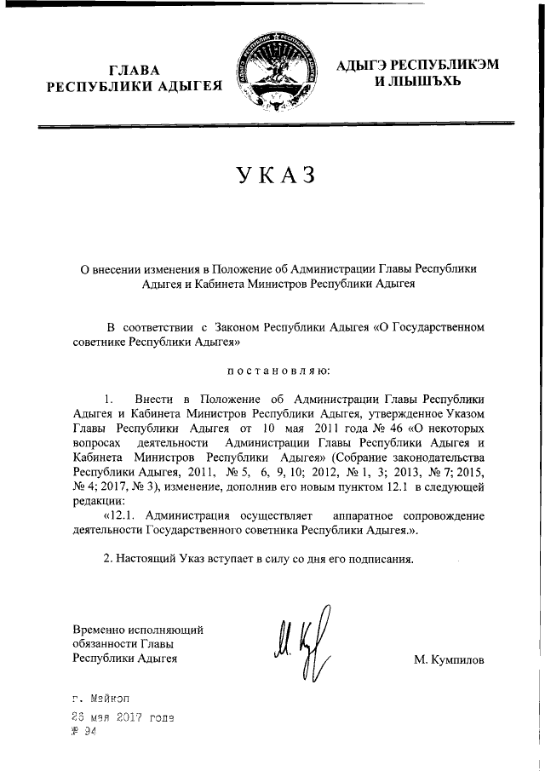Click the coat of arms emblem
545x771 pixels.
(x=272, y=74)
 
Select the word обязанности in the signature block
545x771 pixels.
(x=109, y=644)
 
